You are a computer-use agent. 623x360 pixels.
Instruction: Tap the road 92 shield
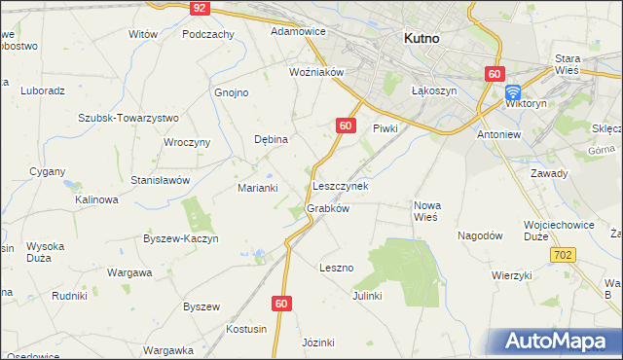tap(200, 7)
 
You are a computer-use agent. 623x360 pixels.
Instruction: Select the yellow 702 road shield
tap(565, 255)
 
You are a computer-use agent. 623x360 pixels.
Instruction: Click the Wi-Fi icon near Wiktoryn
tap(513, 92)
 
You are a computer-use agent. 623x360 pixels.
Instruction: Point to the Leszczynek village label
tap(340, 185)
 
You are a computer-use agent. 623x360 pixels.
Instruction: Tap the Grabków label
tap(327, 208)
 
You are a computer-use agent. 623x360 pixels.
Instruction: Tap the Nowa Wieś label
tap(427, 211)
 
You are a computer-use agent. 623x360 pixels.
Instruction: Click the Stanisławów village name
tap(160, 180)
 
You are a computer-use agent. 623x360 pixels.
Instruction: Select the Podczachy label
tap(208, 33)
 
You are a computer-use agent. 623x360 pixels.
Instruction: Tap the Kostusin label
tap(246, 329)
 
